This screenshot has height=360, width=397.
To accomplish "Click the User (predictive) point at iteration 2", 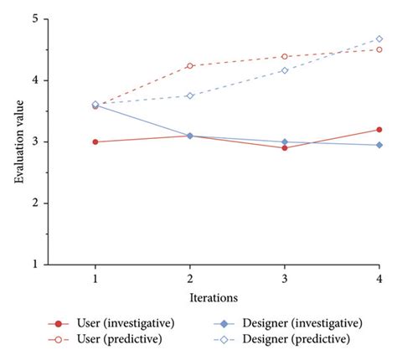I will pyautogui.click(x=190, y=65).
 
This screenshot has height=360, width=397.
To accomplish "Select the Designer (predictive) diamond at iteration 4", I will pyautogui.click(x=379, y=39).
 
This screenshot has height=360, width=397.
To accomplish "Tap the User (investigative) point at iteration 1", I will pyautogui.click(x=95, y=141).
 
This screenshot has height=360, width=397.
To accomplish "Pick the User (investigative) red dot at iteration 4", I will pyautogui.click(x=379, y=130).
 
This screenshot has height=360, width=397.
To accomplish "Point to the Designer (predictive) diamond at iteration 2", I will pyautogui.click(x=190, y=95).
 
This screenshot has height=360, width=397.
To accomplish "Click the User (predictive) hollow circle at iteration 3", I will pyautogui.click(x=285, y=57).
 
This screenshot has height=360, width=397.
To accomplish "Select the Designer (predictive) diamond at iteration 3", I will pyautogui.click(x=285, y=70).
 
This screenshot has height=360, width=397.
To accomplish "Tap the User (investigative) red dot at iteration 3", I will pyautogui.click(x=285, y=147).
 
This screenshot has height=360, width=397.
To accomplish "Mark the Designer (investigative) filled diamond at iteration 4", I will pyautogui.click(x=379, y=145).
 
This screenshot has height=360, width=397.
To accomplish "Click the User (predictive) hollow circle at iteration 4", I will pyautogui.click(x=379, y=49).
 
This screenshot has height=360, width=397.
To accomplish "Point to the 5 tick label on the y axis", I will pyautogui.click(x=35, y=19).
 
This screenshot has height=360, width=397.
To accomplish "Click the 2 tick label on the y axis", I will pyautogui.click(x=35, y=203).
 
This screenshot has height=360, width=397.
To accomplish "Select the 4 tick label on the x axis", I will pyautogui.click(x=379, y=278).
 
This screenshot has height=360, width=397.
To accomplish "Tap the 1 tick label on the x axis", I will pyautogui.click(x=95, y=278).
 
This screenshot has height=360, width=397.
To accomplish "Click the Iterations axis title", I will pyautogui.click(x=213, y=296).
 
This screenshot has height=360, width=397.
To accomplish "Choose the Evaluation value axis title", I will pyautogui.click(x=15, y=141).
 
